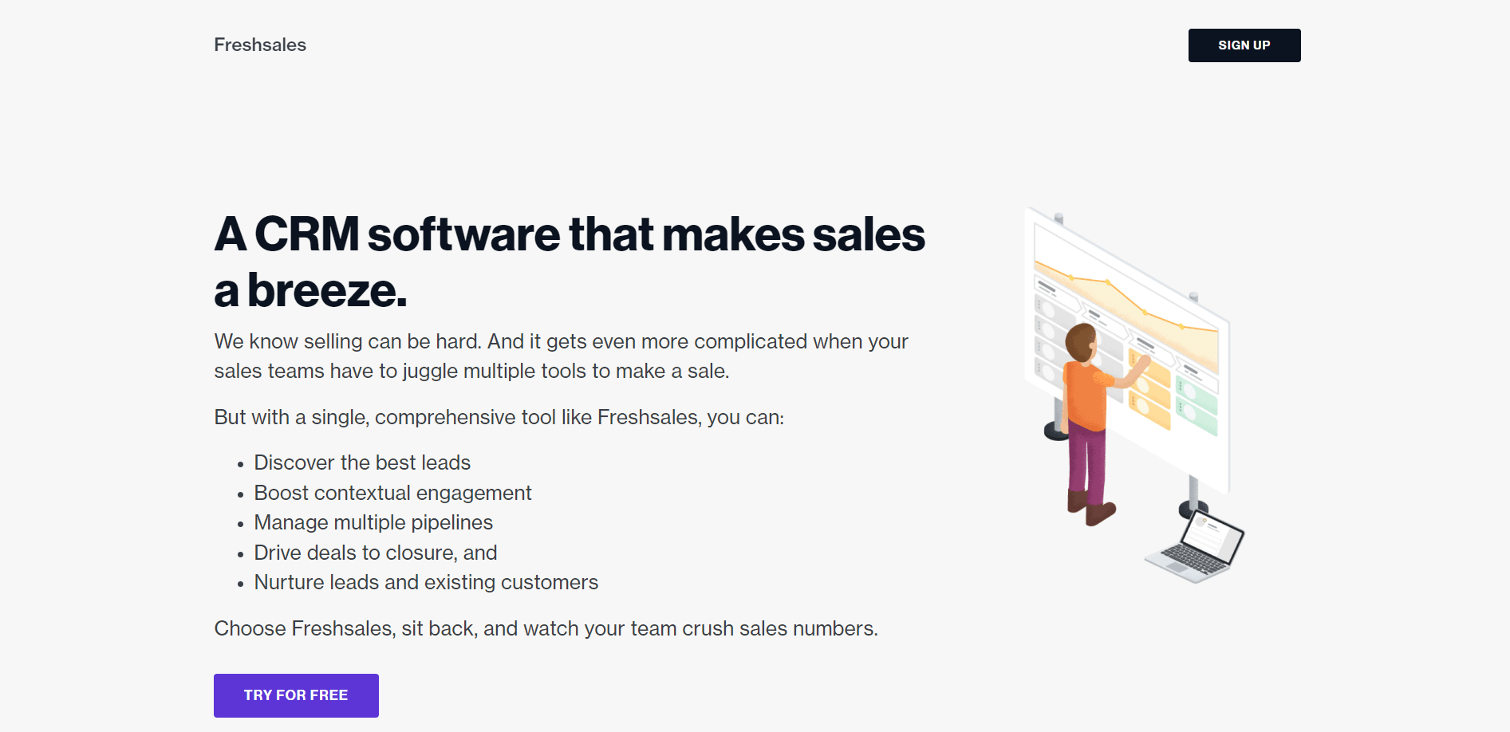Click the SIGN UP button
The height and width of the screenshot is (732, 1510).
coord(1244,45)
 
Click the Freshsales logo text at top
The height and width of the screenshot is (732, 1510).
coord(260,45)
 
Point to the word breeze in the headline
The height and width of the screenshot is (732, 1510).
coord(326,290)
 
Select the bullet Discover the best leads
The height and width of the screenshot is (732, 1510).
coord(362,462)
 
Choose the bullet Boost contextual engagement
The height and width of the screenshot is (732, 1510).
coord(392,493)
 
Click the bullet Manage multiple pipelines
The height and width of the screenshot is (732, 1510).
coord(373,522)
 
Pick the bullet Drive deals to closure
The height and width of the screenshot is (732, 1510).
coord(375,553)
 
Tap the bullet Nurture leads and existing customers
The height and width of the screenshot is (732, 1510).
coord(426,582)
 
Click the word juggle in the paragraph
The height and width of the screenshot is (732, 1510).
coord(430,372)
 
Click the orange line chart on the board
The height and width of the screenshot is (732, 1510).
coord(1125,299)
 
